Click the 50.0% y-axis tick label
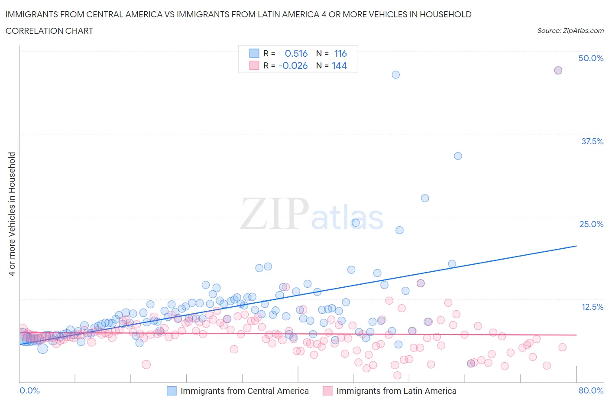click(x=590, y=58)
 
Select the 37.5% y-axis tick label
click(x=592, y=141)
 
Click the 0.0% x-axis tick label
click(x=29, y=390)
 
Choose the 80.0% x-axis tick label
click(x=590, y=390)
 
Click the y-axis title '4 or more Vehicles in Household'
click(x=12, y=214)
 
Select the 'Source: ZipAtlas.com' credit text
click(x=570, y=30)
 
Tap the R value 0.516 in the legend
click(x=296, y=53)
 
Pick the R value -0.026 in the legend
click(x=293, y=65)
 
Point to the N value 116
click(x=340, y=53)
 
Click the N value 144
click(x=339, y=65)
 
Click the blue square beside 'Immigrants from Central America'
click(x=172, y=391)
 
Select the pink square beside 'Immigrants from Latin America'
click(x=327, y=391)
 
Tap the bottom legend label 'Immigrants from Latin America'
click(x=396, y=391)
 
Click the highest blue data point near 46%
click(x=395, y=75)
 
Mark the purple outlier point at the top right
click(x=558, y=70)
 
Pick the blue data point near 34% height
click(x=458, y=156)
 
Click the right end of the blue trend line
click(x=576, y=246)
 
